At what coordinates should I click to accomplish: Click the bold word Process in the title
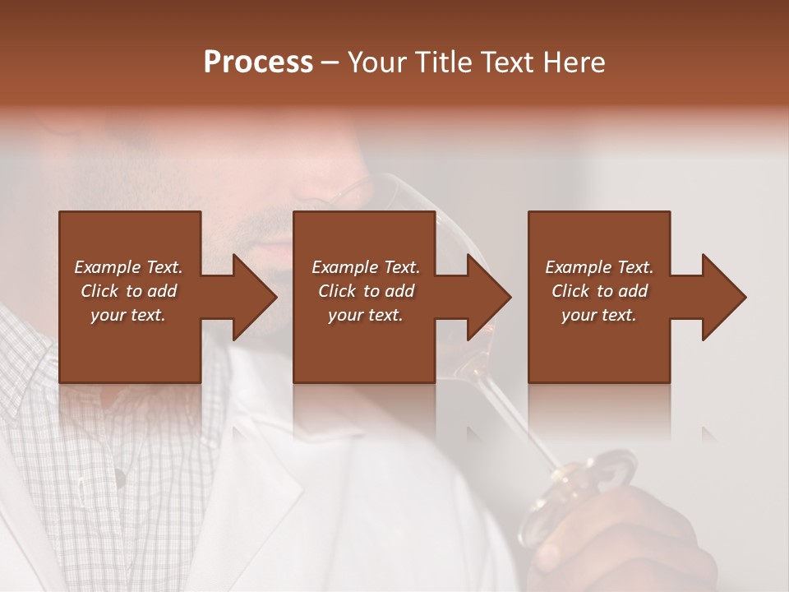point(258,62)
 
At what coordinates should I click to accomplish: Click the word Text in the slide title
point(506,62)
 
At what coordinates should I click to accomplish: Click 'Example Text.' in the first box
point(128,267)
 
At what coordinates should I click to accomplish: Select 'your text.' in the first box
point(128,315)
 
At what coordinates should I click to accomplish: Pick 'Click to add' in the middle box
point(366,291)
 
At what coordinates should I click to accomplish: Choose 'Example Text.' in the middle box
point(366,267)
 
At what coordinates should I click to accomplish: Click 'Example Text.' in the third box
point(599,267)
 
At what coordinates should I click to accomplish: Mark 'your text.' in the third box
point(599,315)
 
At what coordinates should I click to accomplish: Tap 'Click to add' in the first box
point(128,291)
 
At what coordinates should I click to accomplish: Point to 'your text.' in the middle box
point(366,315)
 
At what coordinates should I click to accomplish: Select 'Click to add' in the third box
point(599,291)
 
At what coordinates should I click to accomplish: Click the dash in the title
point(330,63)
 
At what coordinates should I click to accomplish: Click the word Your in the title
point(376,62)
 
